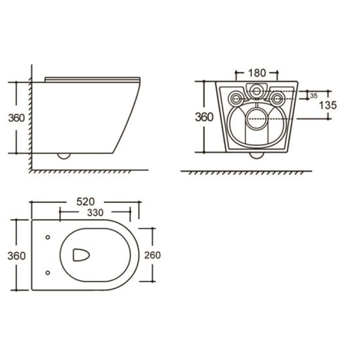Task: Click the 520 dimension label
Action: (85, 202)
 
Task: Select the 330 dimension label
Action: (95, 212)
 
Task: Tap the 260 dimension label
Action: (153, 255)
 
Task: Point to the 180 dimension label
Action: (257, 73)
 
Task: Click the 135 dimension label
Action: (328, 105)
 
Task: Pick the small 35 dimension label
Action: (314, 96)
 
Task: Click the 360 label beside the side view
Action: (17, 118)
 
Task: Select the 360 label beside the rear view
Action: (204, 117)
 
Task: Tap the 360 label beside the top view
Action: (17, 256)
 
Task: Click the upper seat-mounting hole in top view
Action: (48, 237)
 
